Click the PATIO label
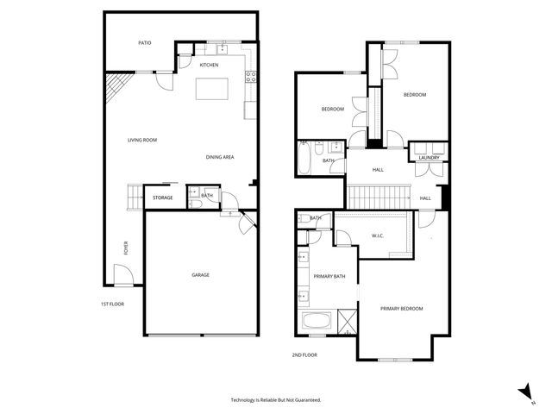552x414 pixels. [x=146, y=42]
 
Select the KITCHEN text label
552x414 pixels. [x=209, y=66]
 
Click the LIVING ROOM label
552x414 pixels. [x=142, y=140]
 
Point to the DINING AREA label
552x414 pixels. [x=220, y=157]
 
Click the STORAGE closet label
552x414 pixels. [x=162, y=198]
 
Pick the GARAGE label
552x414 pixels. [x=200, y=275]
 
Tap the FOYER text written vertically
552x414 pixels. [x=126, y=249]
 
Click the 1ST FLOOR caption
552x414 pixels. [x=112, y=304]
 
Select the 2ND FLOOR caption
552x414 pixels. [x=304, y=354]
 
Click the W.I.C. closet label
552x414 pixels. [x=377, y=235]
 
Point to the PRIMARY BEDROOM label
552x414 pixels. [x=402, y=308]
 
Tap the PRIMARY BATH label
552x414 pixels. [x=329, y=276]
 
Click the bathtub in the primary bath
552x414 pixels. [x=317, y=323]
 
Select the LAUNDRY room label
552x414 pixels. [x=429, y=158]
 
